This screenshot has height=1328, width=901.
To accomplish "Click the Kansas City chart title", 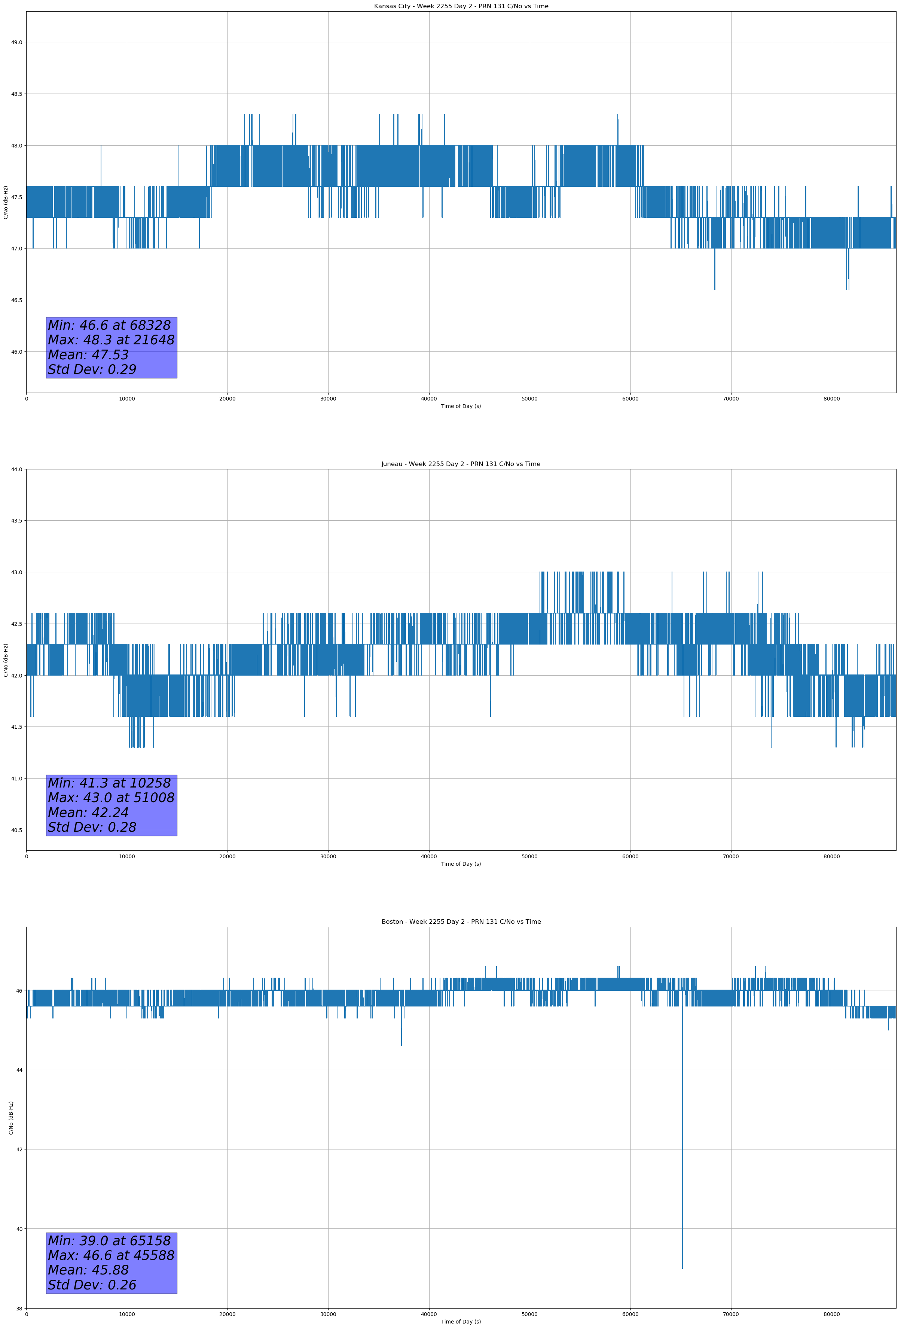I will tap(461, 6).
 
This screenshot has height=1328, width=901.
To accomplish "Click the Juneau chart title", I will tap(461, 464).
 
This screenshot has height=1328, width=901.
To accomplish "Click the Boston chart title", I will tap(461, 922).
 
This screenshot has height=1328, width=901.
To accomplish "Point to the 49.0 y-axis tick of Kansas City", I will tap(16, 42).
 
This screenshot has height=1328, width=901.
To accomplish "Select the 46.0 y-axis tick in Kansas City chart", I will tap(16, 352).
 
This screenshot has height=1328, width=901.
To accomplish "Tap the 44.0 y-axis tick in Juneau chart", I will tap(16, 470).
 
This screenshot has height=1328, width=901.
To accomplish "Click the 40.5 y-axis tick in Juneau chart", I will tap(16, 830).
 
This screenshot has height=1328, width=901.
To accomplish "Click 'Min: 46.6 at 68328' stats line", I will tap(109, 326).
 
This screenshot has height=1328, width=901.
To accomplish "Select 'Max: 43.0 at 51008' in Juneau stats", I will tap(111, 798).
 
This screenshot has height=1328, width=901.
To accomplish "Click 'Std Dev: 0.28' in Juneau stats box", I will tap(92, 828).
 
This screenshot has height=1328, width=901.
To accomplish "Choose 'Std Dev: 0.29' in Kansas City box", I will tap(92, 370).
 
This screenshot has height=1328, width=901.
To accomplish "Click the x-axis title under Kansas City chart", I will tap(461, 406).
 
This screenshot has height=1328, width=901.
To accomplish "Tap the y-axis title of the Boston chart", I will tap(11, 1118).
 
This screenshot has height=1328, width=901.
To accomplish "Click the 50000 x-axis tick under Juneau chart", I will tap(529, 856).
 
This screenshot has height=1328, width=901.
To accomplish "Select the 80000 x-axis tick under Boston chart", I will tap(831, 1314).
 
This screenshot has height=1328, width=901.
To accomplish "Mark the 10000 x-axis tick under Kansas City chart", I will tap(127, 399).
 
